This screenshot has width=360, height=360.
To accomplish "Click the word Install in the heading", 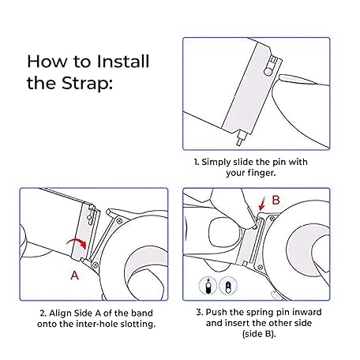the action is tap(123, 62).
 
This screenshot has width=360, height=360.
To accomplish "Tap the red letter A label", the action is tap(75, 276).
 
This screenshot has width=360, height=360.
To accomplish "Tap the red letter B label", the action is tap(276, 200).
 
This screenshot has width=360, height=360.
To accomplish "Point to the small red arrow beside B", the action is tap(262, 204).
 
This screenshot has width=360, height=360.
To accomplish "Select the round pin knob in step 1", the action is tap(268, 71).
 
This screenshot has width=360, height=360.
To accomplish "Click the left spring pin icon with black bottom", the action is tap(208, 286).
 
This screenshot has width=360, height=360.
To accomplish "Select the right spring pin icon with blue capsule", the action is tap(228, 286).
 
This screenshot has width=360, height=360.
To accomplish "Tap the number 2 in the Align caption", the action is tap(43, 313).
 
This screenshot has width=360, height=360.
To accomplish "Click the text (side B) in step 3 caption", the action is tap(259, 334).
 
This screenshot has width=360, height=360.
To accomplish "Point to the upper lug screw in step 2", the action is tap(119, 220).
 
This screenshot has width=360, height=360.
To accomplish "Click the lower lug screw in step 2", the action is tap(96, 264).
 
